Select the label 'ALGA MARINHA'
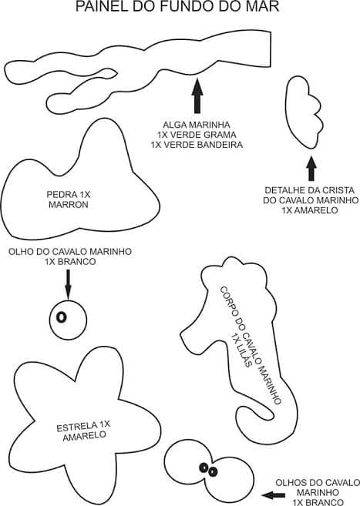pyautogui.click(x=197, y=124)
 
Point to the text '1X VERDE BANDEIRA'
pyautogui.click(x=197, y=145)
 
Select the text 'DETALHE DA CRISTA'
pyautogui.click(x=311, y=189)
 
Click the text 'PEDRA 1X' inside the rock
pyautogui.click(x=69, y=195)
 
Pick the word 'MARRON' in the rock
pyautogui.click(x=69, y=206)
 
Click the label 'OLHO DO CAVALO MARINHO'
pyautogui.click(x=70, y=251)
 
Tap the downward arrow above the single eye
pyautogui.click(x=68, y=286)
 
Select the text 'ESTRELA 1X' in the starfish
pyautogui.click(x=84, y=425)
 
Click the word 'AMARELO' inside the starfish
pyautogui.click(x=84, y=436)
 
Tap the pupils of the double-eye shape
pyautogui.click(x=206, y=467)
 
